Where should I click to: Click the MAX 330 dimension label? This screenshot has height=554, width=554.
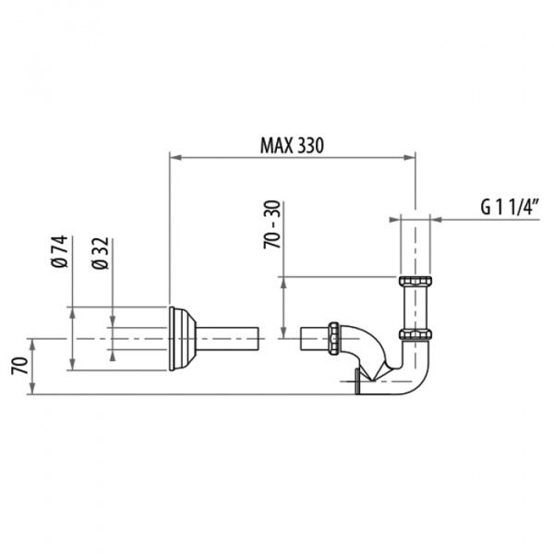coord(292,145)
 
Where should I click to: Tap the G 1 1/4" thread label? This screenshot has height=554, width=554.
coord(511,207)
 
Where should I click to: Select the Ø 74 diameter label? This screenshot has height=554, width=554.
coord(59,251)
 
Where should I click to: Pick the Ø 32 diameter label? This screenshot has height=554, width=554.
coord(100,253)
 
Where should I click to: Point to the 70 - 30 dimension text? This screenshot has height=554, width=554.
coord(272,224)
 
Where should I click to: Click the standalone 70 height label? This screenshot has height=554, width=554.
coord(19,366)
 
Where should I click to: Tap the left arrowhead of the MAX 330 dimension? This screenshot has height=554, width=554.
coord(175,158)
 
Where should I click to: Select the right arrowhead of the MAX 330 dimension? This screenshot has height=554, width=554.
coord(409,158)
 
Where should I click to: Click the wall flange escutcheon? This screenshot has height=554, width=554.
coord(182,339)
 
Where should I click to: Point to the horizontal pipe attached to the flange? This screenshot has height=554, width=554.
coord(227,339)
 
